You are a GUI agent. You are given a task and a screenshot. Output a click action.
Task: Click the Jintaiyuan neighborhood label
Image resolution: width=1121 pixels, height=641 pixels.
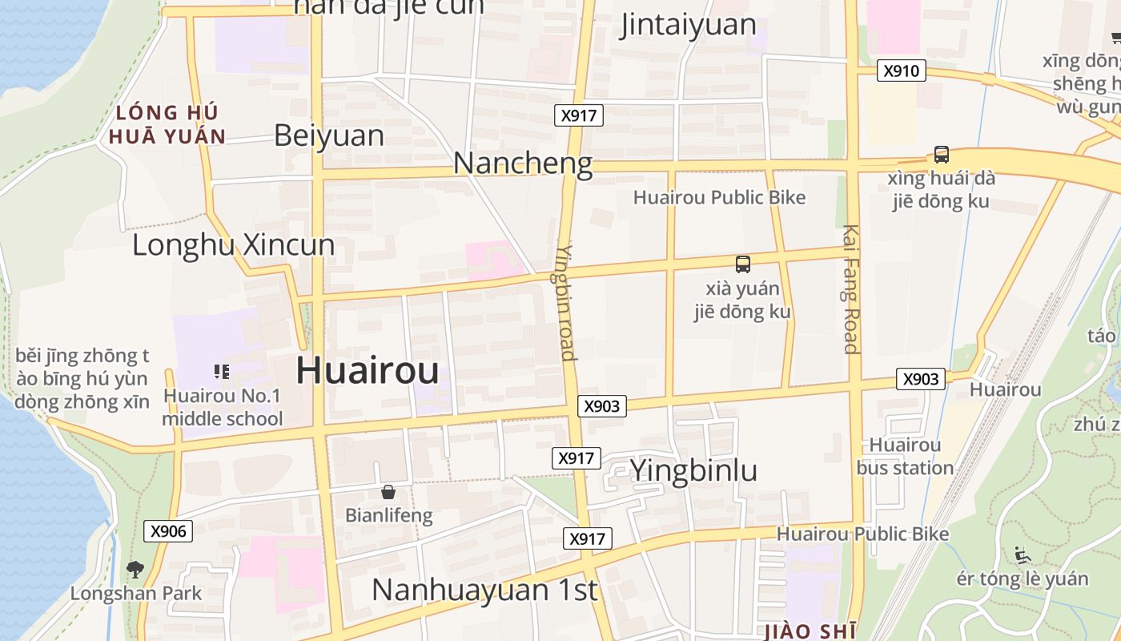coord(689,25)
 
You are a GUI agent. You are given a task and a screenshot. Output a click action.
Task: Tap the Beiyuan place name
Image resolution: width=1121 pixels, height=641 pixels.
coord(329,135)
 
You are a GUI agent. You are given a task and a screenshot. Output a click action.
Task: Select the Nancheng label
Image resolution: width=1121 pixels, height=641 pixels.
coord(523,163)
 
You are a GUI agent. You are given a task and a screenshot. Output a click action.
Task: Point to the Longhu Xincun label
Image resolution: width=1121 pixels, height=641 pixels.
coord(233,244)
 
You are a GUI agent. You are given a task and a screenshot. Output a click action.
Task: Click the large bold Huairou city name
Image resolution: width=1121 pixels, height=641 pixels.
coord(368,371)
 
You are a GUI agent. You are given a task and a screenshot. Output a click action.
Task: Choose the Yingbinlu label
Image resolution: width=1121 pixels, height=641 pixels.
coord(693,470)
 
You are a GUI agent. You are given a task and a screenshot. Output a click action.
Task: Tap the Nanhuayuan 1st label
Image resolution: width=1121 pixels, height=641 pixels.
coord(484,590)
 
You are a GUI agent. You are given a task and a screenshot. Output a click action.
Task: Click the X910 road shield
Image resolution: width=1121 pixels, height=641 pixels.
coord(901,71)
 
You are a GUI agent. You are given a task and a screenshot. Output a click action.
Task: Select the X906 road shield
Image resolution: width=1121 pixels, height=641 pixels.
coord(168,530)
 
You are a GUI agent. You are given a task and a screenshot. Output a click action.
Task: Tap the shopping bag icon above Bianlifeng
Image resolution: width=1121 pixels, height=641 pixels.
coord(388,492)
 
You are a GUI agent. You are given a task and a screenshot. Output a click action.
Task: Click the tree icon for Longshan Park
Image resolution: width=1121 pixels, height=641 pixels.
coord(135,570)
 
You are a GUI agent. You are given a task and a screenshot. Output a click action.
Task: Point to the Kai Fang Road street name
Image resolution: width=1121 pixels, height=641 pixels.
coord(850,288)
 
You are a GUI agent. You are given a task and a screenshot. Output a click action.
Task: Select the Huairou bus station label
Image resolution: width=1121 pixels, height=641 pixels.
coord(905,456)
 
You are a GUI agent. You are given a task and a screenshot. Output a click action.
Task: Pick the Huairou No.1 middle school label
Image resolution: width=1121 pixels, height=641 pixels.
coord(223,407)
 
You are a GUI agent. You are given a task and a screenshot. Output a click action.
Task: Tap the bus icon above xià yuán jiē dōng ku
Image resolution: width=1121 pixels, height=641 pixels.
coord(743,264)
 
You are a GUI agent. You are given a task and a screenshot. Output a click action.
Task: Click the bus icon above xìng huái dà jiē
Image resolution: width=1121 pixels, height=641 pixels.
coord(942,155)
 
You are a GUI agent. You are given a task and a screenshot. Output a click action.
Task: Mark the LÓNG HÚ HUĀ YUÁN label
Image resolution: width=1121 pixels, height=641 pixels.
coord(167,124)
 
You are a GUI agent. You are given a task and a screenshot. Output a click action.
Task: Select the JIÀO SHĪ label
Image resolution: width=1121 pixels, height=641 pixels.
coord(811,631)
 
